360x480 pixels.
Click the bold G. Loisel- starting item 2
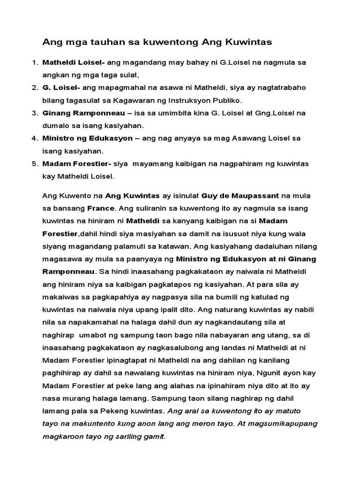tap(61, 88)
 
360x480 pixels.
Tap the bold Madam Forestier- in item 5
tap(77, 164)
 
